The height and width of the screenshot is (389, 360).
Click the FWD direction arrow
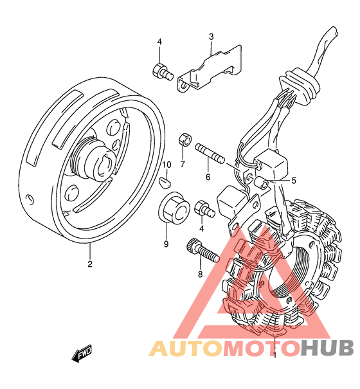(82, 353)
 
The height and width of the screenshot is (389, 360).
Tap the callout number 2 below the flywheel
(90, 264)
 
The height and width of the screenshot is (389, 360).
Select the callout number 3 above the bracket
(211, 37)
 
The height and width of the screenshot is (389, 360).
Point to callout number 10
(166, 165)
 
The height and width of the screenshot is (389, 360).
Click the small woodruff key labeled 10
(165, 183)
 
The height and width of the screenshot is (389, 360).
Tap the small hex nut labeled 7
(185, 139)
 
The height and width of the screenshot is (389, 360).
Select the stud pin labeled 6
(210, 153)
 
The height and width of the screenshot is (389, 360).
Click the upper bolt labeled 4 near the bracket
(162, 72)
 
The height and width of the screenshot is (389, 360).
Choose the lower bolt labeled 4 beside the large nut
(205, 209)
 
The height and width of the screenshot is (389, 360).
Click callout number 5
(294, 181)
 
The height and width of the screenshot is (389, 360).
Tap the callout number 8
(200, 274)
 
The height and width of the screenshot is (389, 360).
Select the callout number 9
(166, 244)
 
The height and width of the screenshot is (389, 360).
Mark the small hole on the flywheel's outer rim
(30, 199)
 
